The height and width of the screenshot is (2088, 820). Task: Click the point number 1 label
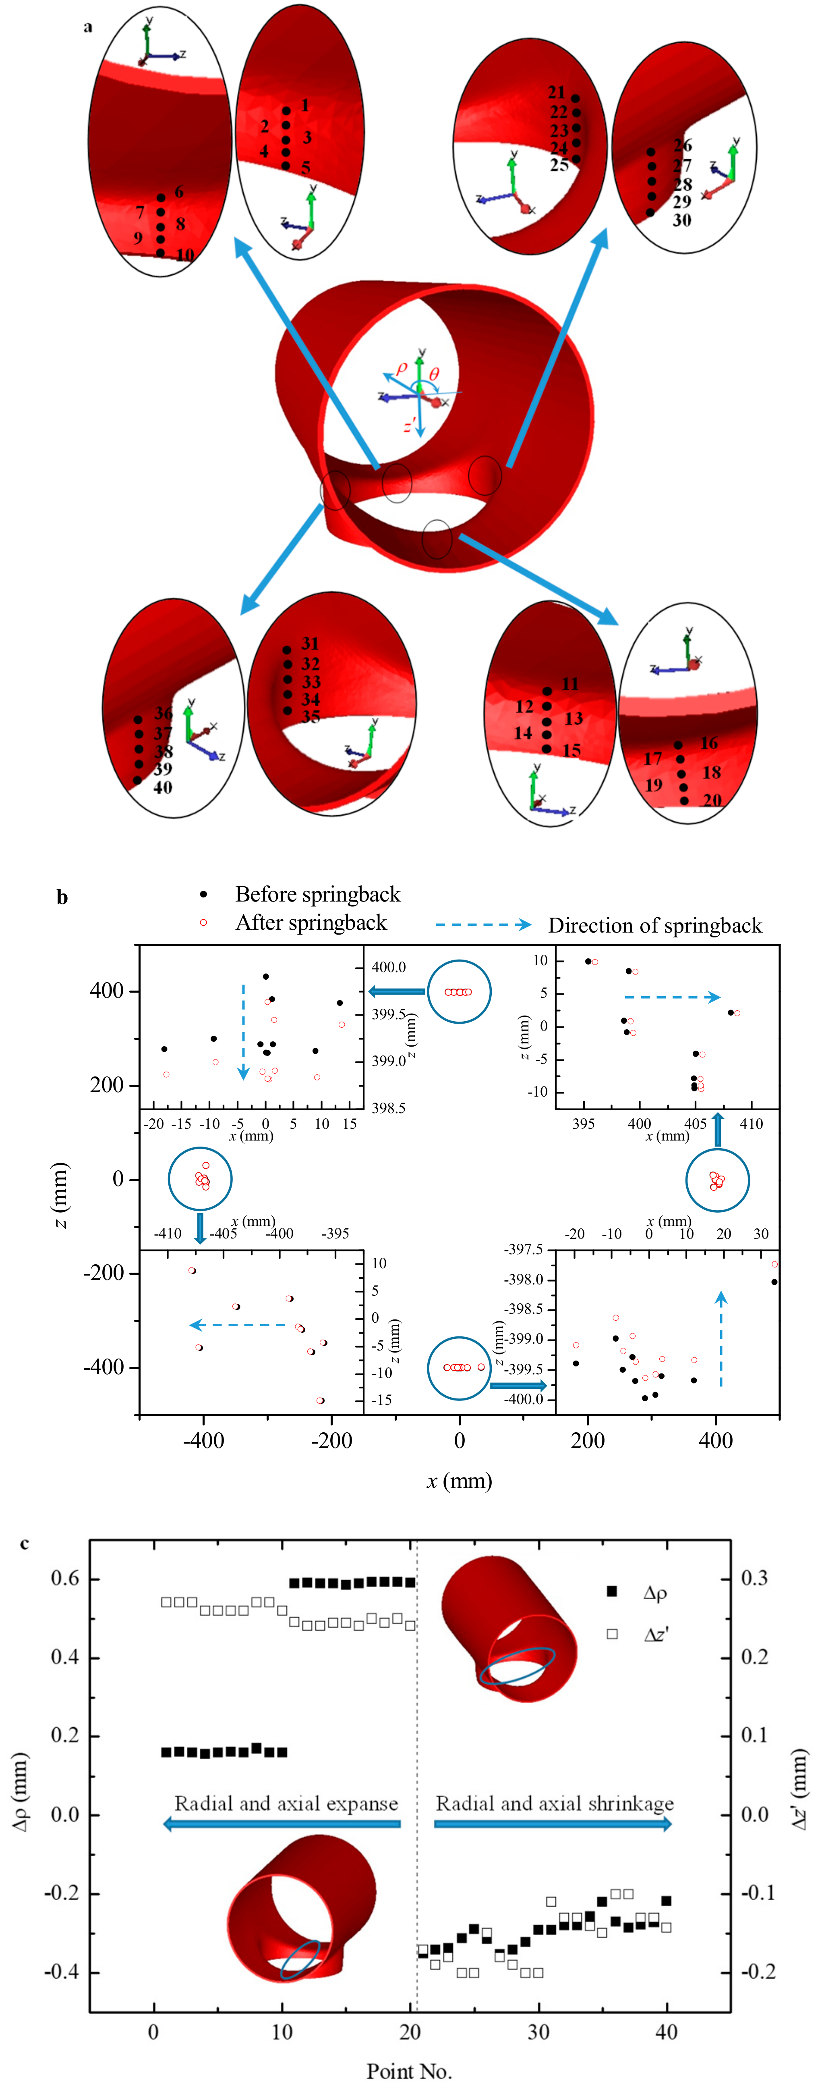coord(304,105)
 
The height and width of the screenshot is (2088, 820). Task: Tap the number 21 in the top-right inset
coord(556,92)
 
